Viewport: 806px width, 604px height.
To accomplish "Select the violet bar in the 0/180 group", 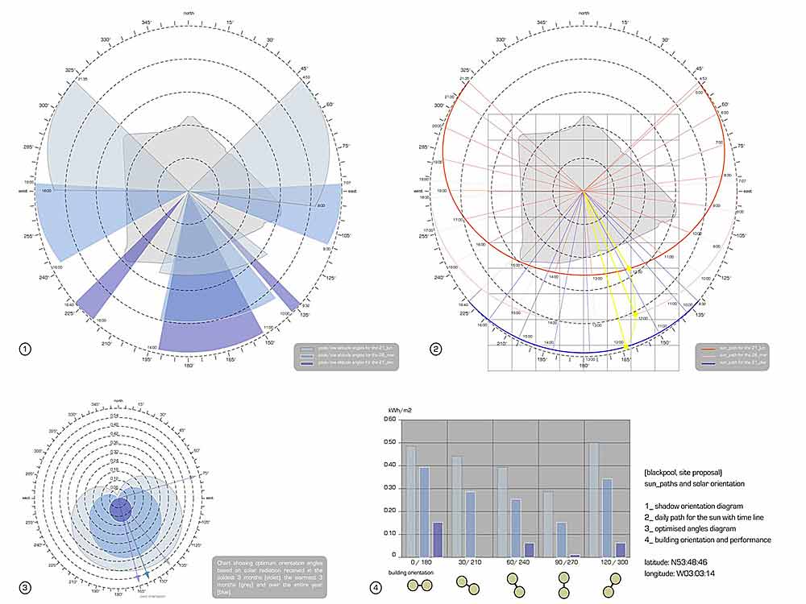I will point(438,539).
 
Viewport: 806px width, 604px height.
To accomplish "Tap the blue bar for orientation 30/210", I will point(470,523).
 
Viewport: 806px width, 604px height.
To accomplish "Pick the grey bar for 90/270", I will point(548,523).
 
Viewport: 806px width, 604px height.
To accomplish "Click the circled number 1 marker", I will point(25,349).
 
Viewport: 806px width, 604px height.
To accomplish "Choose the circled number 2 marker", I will point(436,349).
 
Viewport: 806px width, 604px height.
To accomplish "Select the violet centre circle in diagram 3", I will point(120,509).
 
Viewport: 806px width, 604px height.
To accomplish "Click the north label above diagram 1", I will point(188,13).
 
